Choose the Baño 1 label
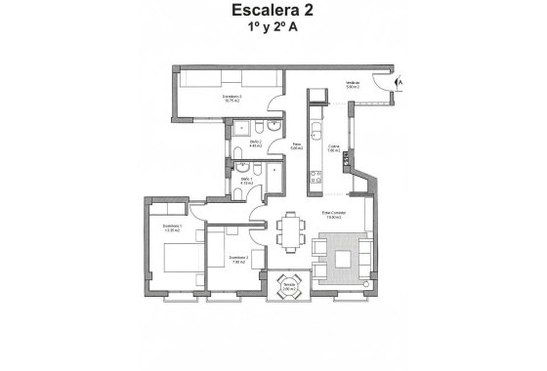pyautogui.click(x=246, y=181)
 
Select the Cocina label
pyautogui.click(x=334, y=149)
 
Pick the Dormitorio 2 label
pyautogui.click(x=237, y=260)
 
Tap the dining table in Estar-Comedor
pyautogui.click(x=289, y=235)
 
